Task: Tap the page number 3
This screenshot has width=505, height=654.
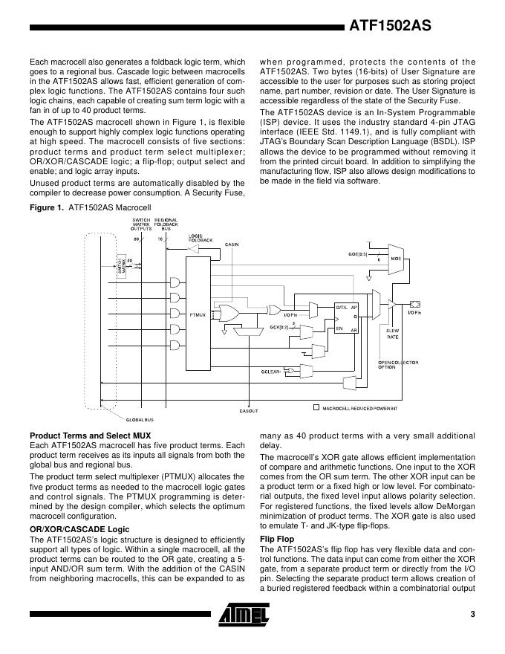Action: (472, 614)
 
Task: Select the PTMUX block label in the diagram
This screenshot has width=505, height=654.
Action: (198, 315)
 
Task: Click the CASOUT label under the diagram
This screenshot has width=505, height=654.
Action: (249, 410)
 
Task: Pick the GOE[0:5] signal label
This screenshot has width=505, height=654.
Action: (359, 253)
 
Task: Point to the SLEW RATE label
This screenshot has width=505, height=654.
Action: (393, 333)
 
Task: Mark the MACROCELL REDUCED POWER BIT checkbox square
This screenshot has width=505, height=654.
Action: (316, 407)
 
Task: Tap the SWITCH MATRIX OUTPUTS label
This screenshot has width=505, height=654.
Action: (141, 224)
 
